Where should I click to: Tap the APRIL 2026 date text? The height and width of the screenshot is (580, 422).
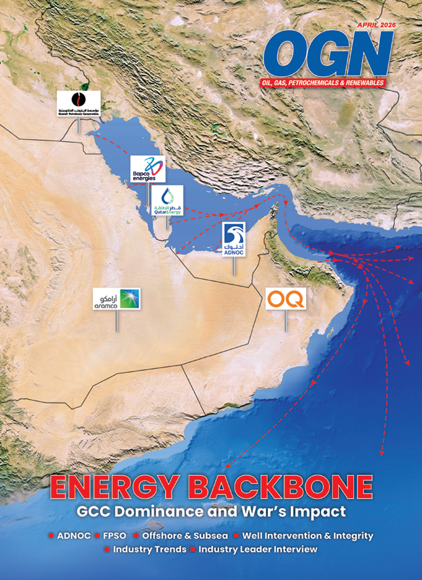pyautogui.click(x=375, y=25)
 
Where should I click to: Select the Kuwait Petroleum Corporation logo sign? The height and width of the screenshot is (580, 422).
pyautogui.click(x=79, y=104)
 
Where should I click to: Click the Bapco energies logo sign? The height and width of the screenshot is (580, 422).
pyautogui.click(x=147, y=168)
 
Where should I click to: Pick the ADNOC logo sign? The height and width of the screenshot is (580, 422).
pyautogui.click(x=234, y=240)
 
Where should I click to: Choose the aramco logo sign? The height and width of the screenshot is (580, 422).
pyautogui.click(x=117, y=299)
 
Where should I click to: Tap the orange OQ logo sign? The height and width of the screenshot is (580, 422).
pyautogui.click(x=286, y=299)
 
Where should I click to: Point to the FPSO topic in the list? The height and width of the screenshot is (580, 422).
pyautogui.click(x=114, y=535)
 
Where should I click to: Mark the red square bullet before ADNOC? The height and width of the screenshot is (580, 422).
pyautogui.click(x=51, y=536)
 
